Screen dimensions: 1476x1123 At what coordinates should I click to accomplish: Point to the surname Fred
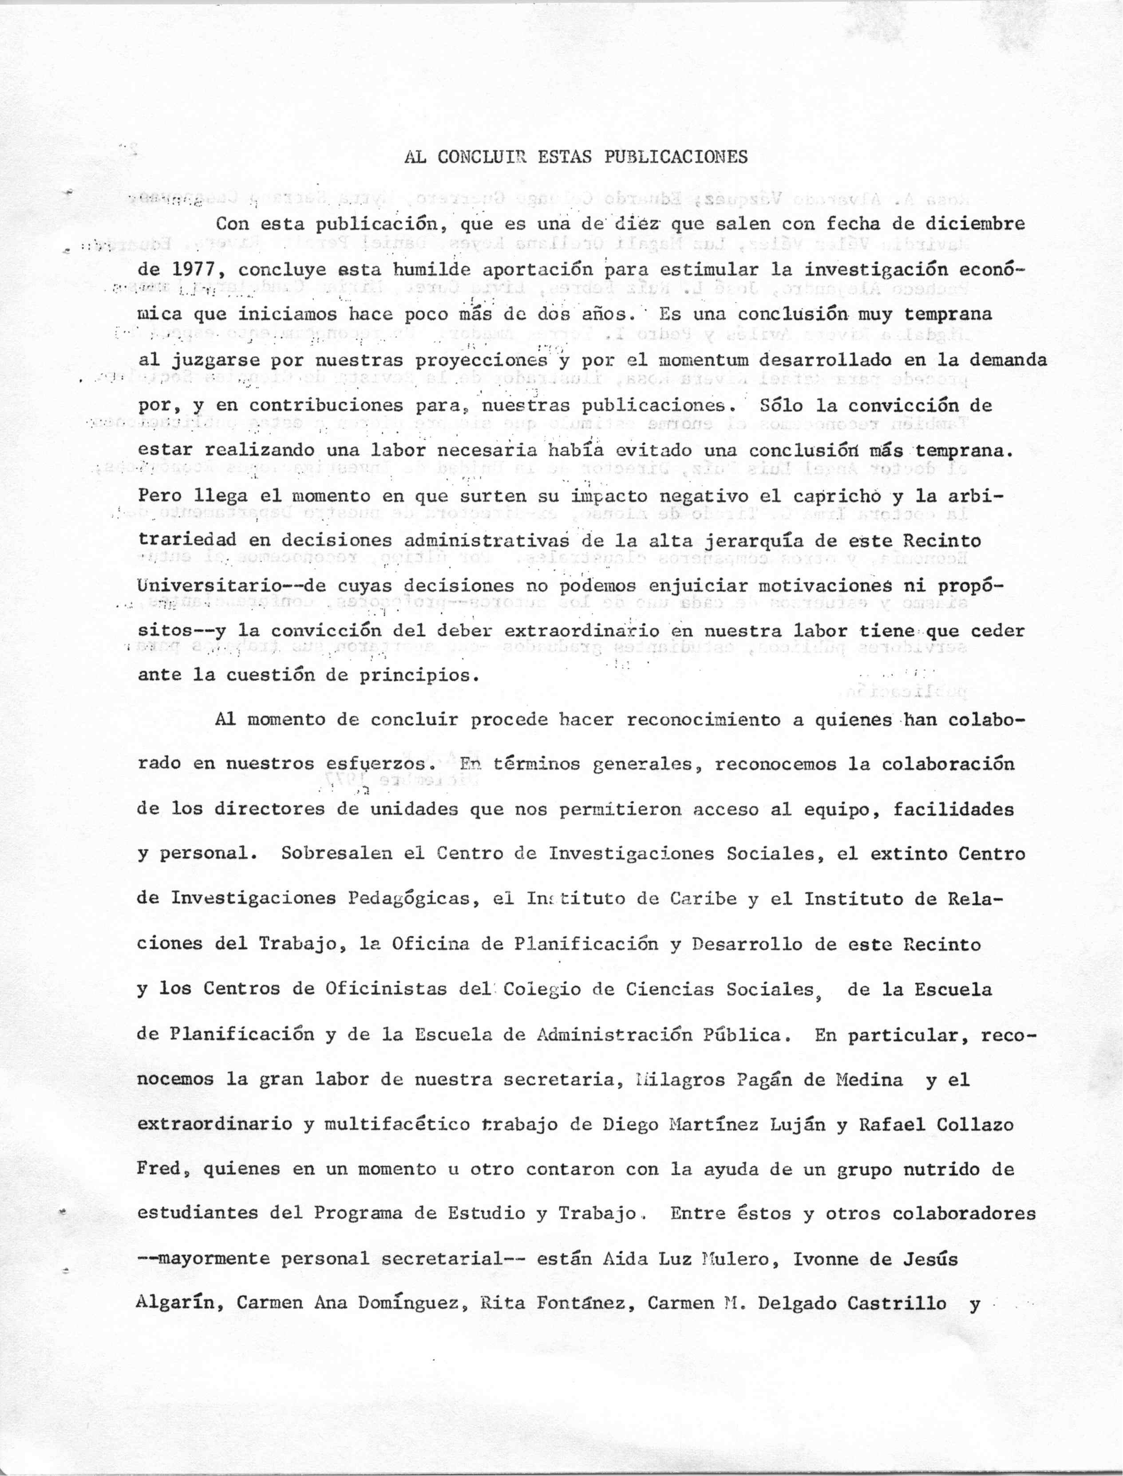159,1170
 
